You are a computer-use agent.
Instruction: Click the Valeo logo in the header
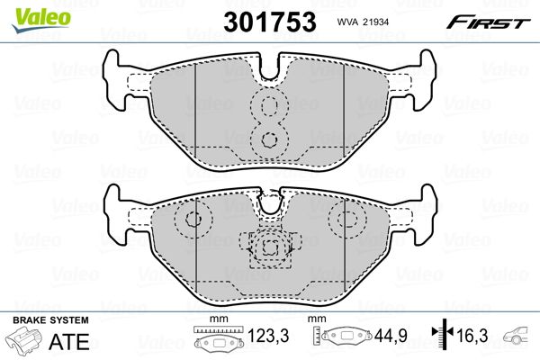41,21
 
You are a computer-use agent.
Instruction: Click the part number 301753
270,22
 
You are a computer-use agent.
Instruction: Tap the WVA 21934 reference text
363,22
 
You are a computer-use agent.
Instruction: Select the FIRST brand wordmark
488,22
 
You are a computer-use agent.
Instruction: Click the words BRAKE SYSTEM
50,320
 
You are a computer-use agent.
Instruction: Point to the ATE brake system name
69,341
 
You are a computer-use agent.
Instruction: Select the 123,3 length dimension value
268,336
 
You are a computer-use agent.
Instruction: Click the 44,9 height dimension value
391,336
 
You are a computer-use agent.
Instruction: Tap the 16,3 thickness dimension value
472,336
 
